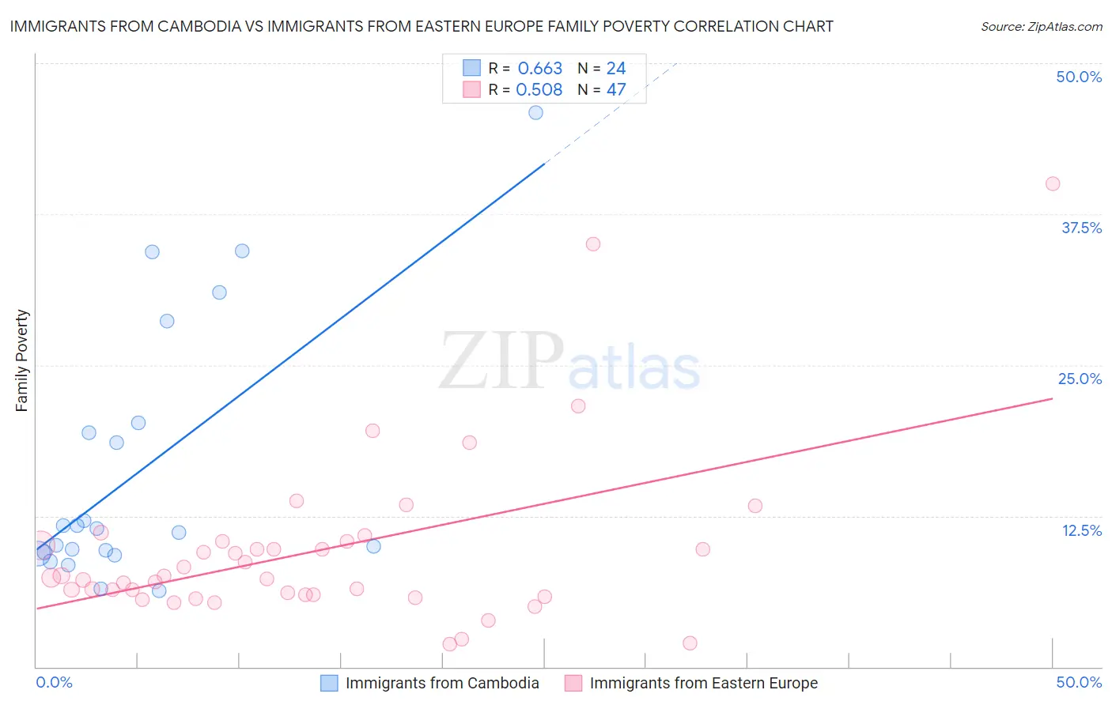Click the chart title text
click(x=421, y=26)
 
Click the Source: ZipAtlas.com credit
click(x=1041, y=27)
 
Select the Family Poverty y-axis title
click(x=22, y=360)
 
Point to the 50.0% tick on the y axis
click(x=1079, y=77)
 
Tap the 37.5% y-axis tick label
click(x=1081, y=228)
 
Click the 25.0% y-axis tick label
click(x=1080, y=379)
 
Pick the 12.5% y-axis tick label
click(x=1081, y=530)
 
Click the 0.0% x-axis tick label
click(x=54, y=682)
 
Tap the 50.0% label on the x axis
click(x=1079, y=682)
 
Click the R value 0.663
click(x=539, y=69)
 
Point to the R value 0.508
click(x=539, y=90)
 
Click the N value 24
click(x=616, y=69)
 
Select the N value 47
click(x=616, y=90)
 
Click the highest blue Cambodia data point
click(x=535, y=112)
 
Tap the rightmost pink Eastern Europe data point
click(x=1052, y=183)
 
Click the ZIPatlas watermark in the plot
click(x=569, y=362)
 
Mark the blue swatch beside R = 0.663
click(x=471, y=68)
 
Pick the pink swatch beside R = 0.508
click(x=471, y=89)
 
